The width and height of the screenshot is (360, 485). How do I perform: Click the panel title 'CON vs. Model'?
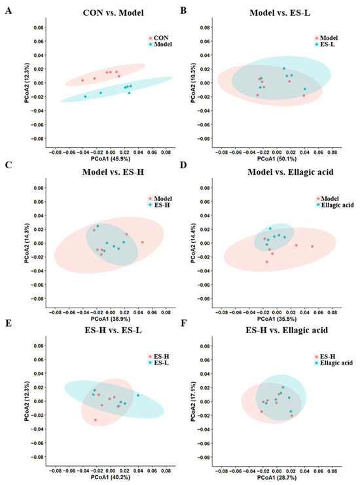click(x=113, y=12)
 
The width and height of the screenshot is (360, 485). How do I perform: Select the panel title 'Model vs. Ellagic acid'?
click(x=291, y=171)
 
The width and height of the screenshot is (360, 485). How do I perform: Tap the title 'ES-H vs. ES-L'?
click(x=113, y=330)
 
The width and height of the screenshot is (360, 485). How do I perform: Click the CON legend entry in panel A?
click(x=158, y=38)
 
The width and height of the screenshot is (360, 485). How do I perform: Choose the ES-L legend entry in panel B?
click(x=325, y=45)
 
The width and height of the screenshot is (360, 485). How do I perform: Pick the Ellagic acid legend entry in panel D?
click(x=334, y=205)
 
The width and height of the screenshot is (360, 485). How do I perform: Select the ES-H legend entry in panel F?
click(x=325, y=356)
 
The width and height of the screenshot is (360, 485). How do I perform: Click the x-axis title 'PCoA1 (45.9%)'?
click(x=111, y=158)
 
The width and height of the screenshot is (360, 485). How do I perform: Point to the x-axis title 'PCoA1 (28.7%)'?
click(x=277, y=478)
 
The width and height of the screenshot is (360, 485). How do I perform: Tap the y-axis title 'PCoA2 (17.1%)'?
click(x=193, y=401)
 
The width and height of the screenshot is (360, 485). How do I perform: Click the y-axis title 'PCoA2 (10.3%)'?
click(x=193, y=82)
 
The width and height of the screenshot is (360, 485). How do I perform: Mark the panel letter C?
click(x=9, y=165)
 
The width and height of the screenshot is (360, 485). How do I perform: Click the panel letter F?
click(x=183, y=323)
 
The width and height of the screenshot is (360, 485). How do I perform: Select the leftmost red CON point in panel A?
click(x=82, y=81)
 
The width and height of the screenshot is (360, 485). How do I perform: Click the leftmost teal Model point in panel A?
click(x=85, y=96)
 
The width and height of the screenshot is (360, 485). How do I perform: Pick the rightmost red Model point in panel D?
click(x=312, y=247)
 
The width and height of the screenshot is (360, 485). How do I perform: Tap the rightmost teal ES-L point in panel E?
click(x=138, y=395)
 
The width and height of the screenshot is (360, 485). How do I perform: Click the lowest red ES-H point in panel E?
click(x=96, y=420)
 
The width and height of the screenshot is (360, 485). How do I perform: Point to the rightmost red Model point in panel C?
click(x=142, y=242)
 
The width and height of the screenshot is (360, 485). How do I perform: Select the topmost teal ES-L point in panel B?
click(x=284, y=69)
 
